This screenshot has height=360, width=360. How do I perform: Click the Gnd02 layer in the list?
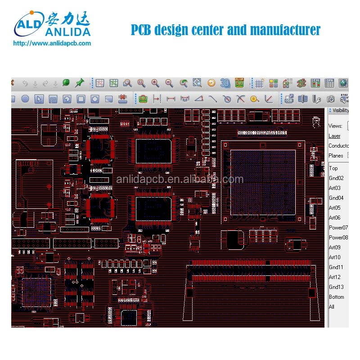point(336,178)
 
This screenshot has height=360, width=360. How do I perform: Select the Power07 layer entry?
point(338,228)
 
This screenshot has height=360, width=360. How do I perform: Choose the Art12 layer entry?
point(335,277)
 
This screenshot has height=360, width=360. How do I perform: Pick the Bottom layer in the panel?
point(337,297)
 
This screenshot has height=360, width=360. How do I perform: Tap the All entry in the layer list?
point(332,307)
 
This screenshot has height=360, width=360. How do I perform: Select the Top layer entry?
point(333,168)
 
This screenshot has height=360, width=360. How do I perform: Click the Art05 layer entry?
point(335,208)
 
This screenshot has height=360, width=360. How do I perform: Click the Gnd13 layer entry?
point(336,287)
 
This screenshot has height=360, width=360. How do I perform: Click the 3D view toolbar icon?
point(225,83)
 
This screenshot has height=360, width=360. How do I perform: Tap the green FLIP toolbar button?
point(239,82)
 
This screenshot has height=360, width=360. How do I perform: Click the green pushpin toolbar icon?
point(80,83)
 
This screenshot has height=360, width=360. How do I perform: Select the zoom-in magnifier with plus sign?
point(155,83)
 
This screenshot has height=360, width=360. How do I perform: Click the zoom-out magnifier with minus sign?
point(169,83)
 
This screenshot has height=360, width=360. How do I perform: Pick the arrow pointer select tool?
point(39,99)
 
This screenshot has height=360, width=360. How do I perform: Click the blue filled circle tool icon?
point(25,99)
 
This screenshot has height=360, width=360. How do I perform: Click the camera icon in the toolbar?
point(331,99)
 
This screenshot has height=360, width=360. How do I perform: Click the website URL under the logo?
point(52,44)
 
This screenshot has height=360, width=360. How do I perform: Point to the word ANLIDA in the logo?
point(67,31)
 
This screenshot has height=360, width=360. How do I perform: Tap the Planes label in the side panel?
point(336,156)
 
